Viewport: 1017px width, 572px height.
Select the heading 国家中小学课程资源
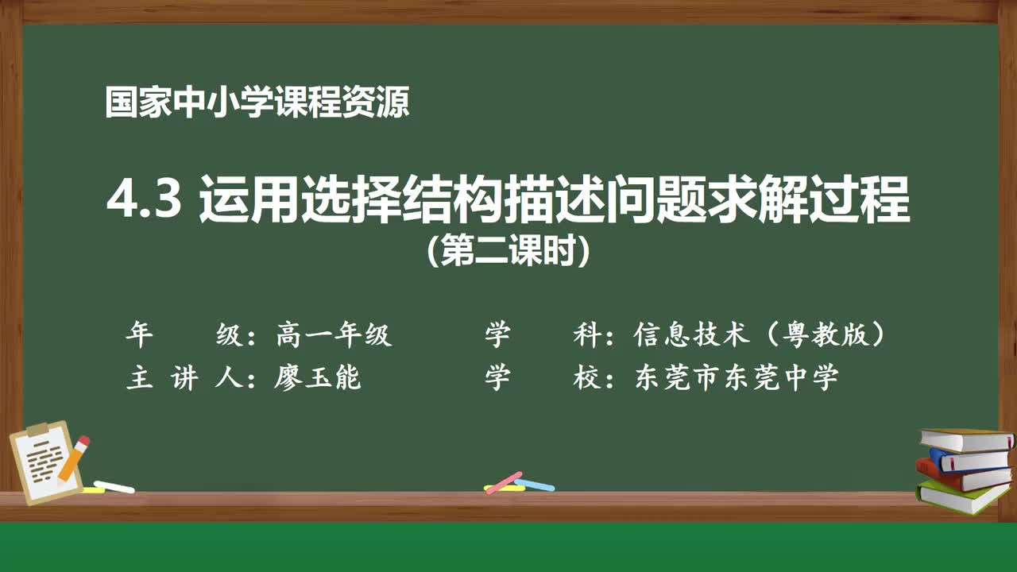pyautogui.click(x=257, y=103)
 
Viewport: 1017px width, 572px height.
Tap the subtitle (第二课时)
pyautogui.click(x=508, y=253)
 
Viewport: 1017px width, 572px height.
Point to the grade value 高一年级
pyautogui.click(x=334, y=335)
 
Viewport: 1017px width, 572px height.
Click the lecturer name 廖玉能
pyautogui.click(x=318, y=377)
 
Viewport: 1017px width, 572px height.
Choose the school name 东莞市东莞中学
pyautogui.click(x=737, y=377)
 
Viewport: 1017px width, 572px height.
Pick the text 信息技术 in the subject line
pyautogui.click(x=691, y=335)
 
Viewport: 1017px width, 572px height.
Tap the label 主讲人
pyautogui.click(x=183, y=377)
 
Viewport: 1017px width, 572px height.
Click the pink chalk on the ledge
pyautogui.click(x=503, y=482)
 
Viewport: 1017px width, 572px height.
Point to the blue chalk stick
pyautogui.click(x=535, y=484)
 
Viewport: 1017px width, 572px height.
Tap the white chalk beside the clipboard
pyautogui.click(x=114, y=486)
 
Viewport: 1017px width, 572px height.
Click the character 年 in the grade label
pyautogui.click(x=138, y=335)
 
